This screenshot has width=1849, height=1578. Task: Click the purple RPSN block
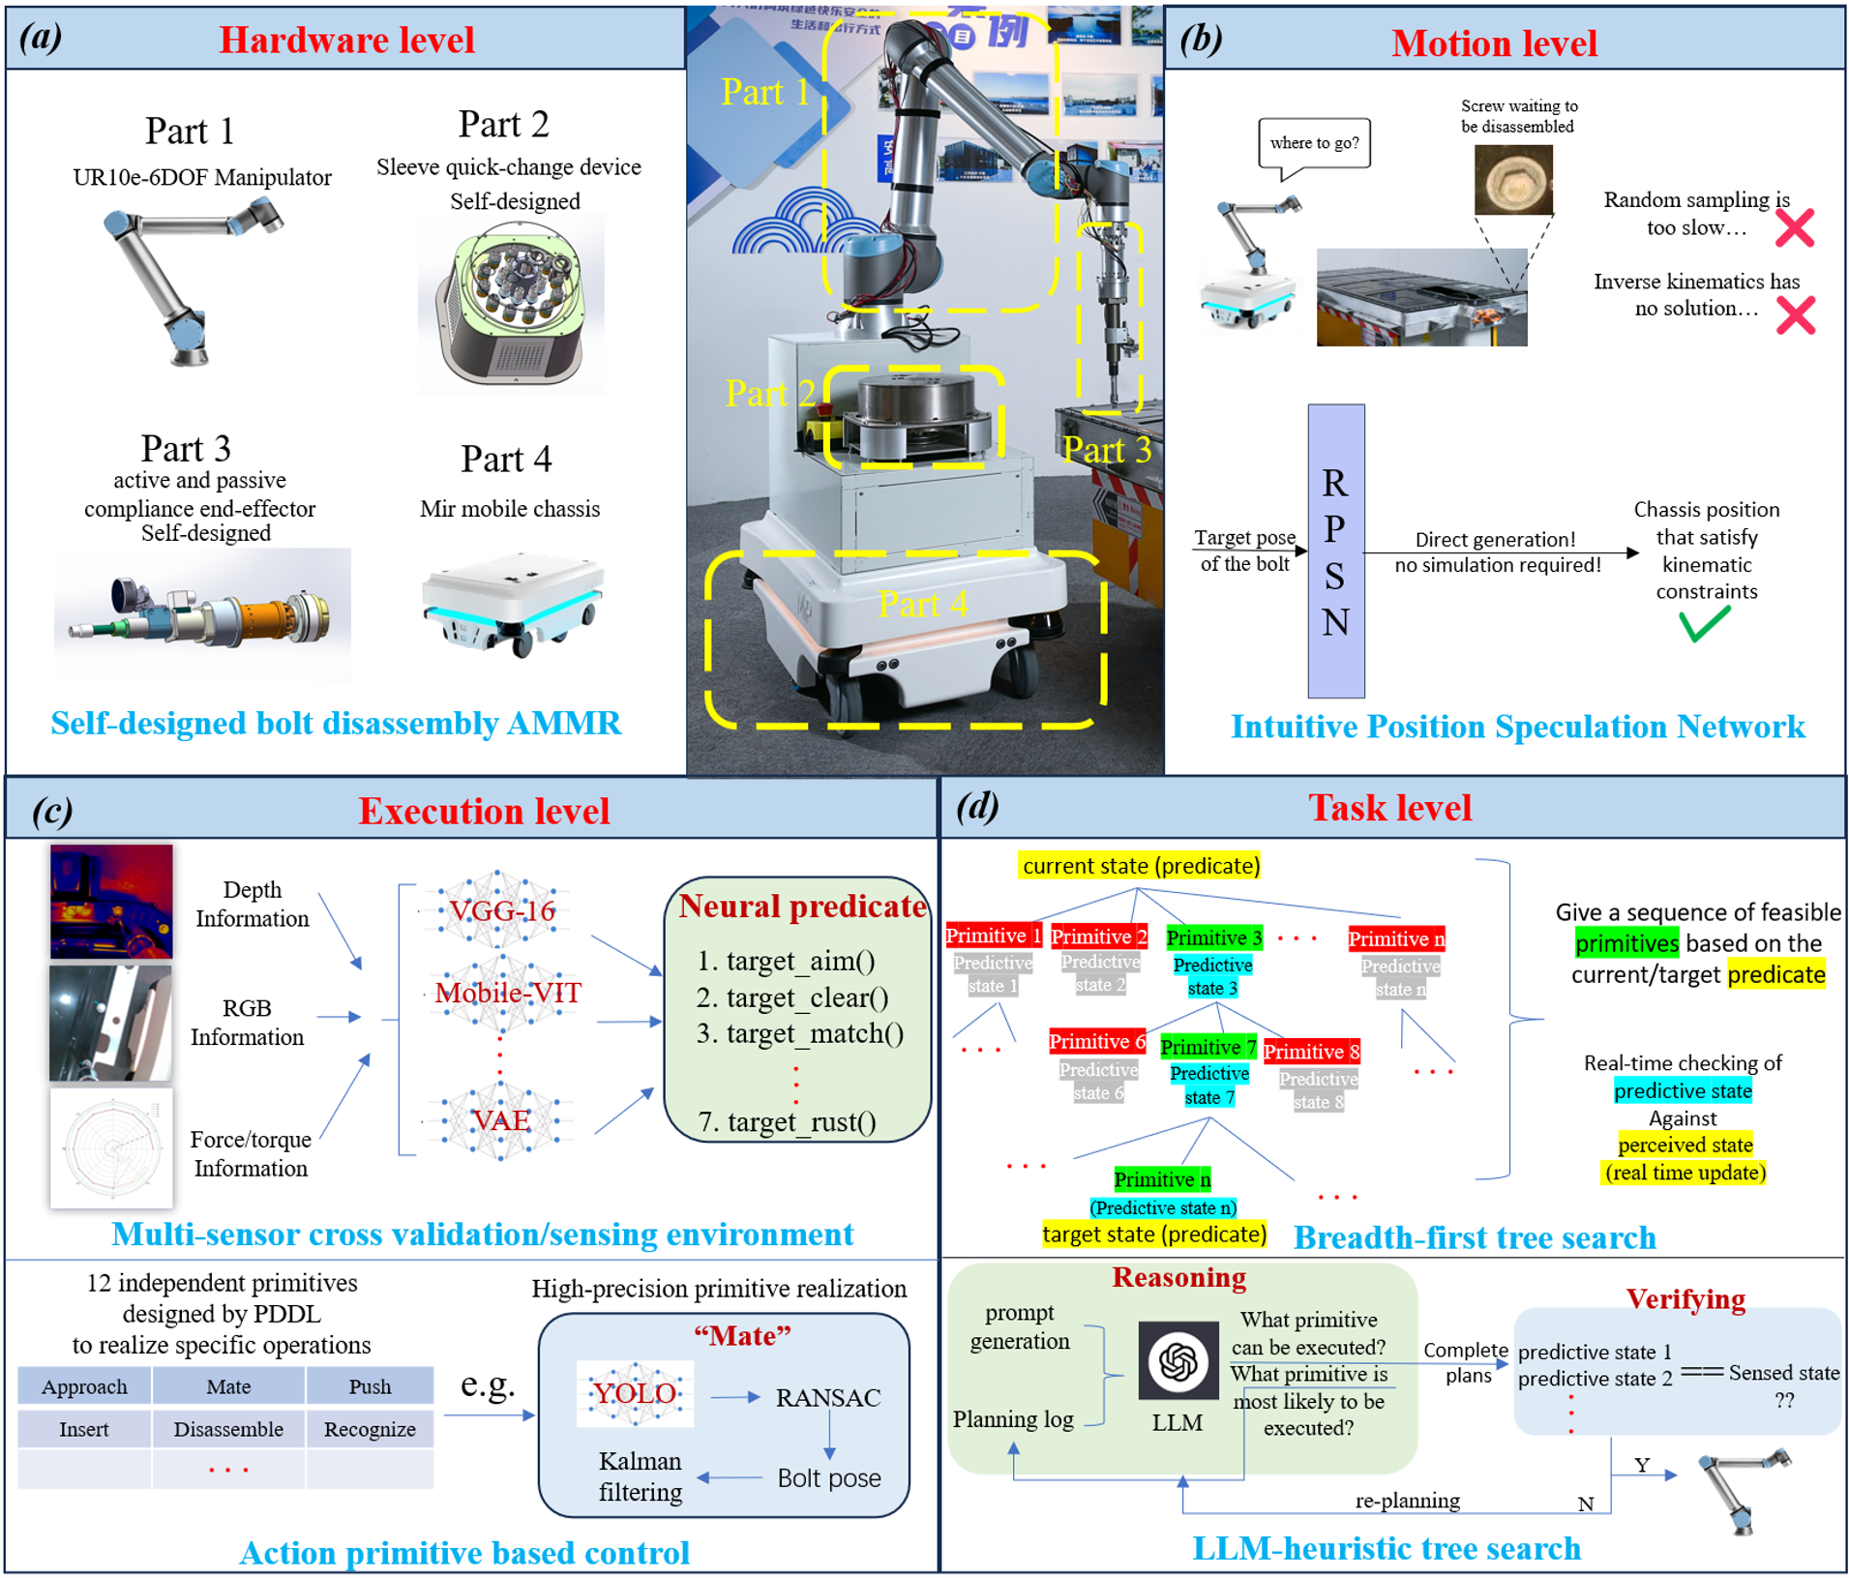pos(1335,551)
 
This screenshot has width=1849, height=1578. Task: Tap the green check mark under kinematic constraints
pos(1704,625)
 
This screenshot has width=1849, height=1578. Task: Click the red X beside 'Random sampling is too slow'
pos(1795,228)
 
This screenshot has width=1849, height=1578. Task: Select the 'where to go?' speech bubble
pos(1314,143)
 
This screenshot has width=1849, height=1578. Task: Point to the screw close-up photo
pos(1513,180)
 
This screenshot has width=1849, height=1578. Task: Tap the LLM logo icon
pos(1178,1360)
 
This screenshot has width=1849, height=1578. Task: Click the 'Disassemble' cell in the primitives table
pos(228,1429)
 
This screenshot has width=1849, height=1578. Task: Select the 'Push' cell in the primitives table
pos(370,1386)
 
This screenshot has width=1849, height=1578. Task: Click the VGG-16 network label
pos(501,910)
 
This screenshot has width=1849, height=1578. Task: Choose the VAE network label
pos(500,1120)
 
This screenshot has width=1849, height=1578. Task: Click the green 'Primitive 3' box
pos(1213,938)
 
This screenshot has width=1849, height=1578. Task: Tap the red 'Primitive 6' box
pos(1097,1041)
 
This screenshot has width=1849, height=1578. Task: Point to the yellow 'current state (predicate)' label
pos(1140,865)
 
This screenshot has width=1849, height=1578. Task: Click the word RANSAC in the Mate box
pos(828,1397)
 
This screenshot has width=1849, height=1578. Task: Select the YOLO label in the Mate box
pos(635,1393)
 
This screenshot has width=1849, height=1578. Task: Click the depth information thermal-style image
pos(111,901)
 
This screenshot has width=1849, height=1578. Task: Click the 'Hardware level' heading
pos(346,40)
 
